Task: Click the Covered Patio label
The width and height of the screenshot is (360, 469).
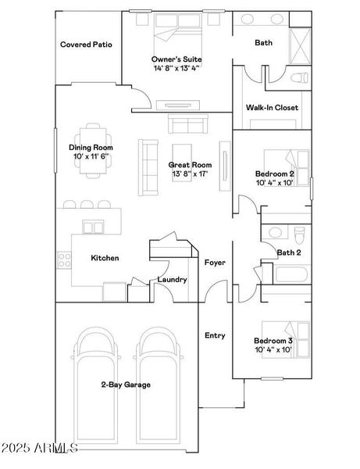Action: tap(86, 45)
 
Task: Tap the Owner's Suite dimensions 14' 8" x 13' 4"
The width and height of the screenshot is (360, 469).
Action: tap(176, 68)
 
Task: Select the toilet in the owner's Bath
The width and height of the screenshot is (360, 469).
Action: tap(299, 77)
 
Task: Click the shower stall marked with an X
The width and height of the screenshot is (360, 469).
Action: tap(301, 46)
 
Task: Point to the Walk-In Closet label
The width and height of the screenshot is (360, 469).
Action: tap(272, 108)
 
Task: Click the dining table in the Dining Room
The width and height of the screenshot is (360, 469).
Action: tap(93, 151)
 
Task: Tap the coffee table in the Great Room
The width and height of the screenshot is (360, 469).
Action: tap(182, 163)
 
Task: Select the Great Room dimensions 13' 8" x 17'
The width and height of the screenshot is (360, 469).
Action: tap(190, 174)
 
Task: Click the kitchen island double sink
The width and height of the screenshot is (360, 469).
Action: tap(93, 227)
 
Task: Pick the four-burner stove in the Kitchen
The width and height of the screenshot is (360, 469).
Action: tap(64, 260)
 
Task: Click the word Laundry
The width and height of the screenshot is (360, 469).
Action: tap(172, 280)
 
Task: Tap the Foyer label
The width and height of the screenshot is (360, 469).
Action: tap(215, 263)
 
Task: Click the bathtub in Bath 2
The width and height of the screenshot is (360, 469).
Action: tap(291, 274)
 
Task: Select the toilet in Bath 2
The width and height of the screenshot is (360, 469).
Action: tap(299, 235)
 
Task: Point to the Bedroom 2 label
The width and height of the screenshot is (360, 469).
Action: tap(275, 174)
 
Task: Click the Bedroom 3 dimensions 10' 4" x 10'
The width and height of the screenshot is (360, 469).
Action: tap(273, 349)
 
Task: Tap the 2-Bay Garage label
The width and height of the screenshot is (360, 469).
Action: tap(126, 385)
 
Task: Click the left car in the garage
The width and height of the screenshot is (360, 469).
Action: tap(96, 386)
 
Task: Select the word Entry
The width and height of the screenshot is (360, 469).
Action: tap(215, 335)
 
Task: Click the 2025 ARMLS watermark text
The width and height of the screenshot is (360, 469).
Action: tap(39, 448)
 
